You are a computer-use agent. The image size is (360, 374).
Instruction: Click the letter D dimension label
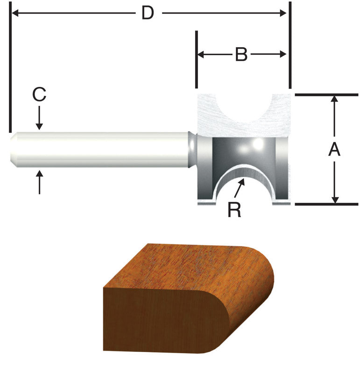[x=148, y=14]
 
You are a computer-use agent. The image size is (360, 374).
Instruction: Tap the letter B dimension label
[x=240, y=55]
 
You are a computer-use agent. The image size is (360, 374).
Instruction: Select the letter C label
[x=39, y=95]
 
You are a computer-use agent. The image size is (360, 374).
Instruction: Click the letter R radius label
[x=234, y=210]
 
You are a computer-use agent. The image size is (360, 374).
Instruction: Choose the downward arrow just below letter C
[x=39, y=124]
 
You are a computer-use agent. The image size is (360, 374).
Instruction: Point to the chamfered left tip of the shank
[x=13, y=149]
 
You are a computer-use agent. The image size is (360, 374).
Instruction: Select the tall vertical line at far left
[x=9, y=70]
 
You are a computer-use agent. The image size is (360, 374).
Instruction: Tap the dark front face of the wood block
[x=159, y=323]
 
